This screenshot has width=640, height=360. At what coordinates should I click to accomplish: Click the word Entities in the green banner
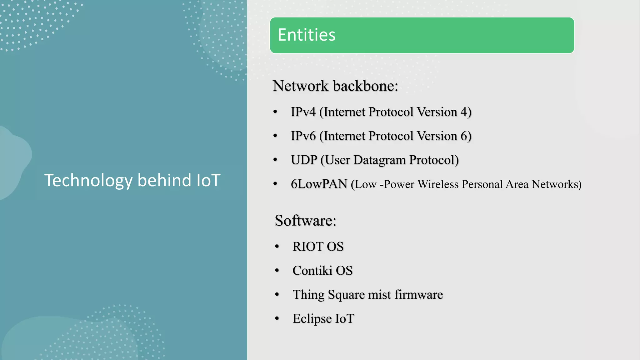(x=306, y=35)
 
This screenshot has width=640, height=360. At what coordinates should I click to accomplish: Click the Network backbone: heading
(x=335, y=86)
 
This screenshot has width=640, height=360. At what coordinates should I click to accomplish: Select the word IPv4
(x=303, y=112)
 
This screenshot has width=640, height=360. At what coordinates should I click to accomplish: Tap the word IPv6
(x=303, y=136)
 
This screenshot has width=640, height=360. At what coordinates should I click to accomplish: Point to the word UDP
(x=304, y=160)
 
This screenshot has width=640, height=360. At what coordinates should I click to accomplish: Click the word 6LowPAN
(x=319, y=184)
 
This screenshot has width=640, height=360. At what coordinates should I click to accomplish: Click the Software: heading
(x=305, y=221)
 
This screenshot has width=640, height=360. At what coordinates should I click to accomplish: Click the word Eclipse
(x=312, y=319)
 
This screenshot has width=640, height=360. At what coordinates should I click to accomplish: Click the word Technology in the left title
(x=88, y=181)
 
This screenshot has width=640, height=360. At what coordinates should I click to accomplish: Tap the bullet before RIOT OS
(x=277, y=247)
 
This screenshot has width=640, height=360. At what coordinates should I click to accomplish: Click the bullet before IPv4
(x=275, y=112)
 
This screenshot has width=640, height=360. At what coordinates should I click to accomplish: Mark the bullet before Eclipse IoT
(x=277, y=319)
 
